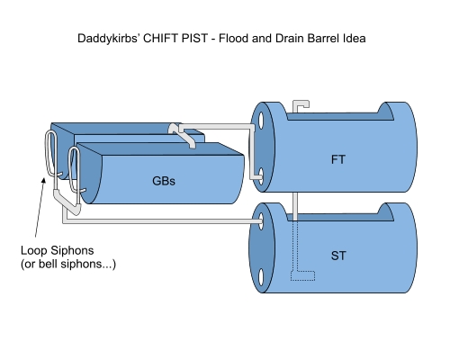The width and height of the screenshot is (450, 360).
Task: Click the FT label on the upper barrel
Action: pyautogui.click(x=338, y=159)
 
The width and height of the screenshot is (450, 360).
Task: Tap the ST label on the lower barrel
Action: pyautogui.click(x=338, y=256)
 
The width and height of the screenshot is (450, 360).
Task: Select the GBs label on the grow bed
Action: pyautogui.click(x=164, y=181)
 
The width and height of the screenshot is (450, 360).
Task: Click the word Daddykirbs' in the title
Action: pyautogui.click(x=109, y=39)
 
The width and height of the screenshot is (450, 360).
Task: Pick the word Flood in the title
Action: pyautogui.click(x=234, y=39)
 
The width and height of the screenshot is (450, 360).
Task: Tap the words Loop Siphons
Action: pyautogui.click(x=58, y=250)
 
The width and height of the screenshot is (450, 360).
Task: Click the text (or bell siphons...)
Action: pyautogui.click(x=68, y=265)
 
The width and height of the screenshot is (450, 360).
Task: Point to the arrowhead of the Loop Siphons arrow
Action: pyautogui.click(x=44, y=180)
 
